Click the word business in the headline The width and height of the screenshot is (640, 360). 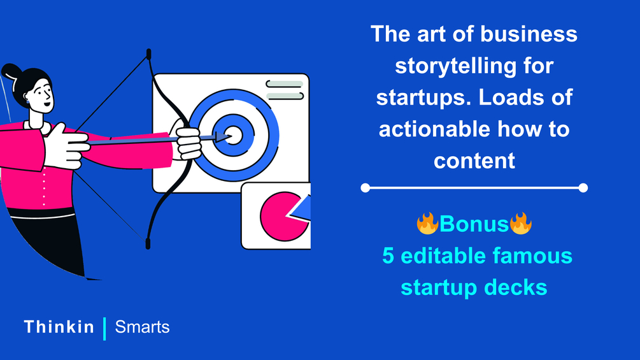coord(529,34)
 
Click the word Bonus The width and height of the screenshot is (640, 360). coord(474,224)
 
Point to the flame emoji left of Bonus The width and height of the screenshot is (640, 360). coord(427,223)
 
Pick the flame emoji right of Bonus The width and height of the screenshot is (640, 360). coord(520,223)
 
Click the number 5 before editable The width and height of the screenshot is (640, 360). coord(388,256)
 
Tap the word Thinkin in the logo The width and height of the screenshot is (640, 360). coord(59,327)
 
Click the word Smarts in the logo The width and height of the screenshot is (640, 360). coord(142,327)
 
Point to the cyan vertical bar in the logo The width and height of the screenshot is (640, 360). coord(105,329)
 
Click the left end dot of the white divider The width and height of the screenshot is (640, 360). coord(366,188)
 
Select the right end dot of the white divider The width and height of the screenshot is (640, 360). coord(583,188)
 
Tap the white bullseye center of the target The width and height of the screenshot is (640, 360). coord(234,136)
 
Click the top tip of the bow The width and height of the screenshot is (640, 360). coord(148,51)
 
